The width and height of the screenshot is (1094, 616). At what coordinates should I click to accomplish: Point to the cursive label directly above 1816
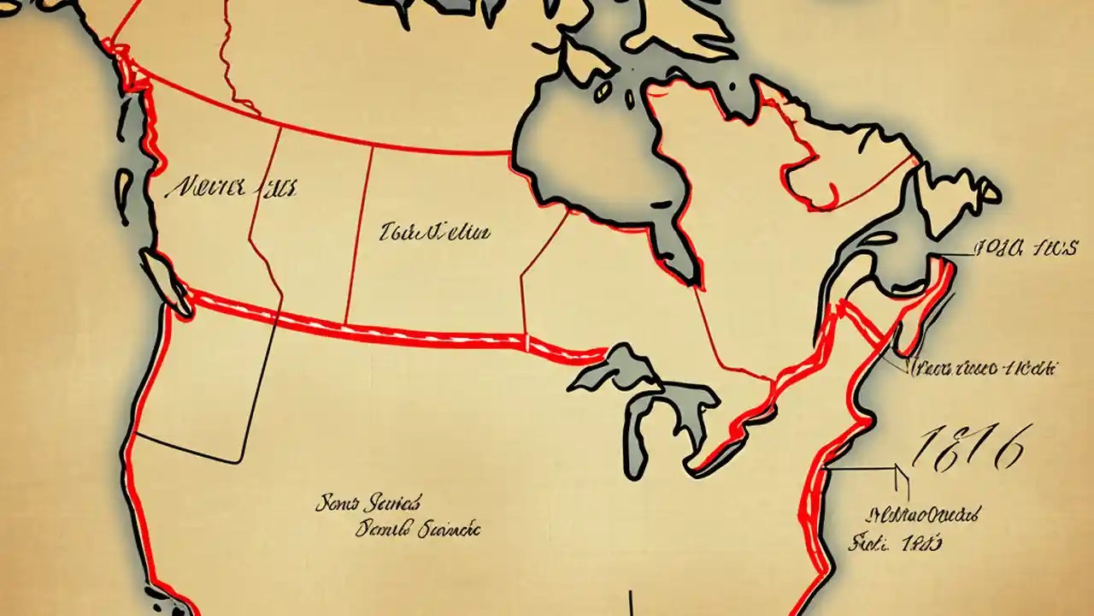(x=983, y=369)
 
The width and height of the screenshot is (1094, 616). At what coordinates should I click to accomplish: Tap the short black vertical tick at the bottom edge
(x=631, y=601)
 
